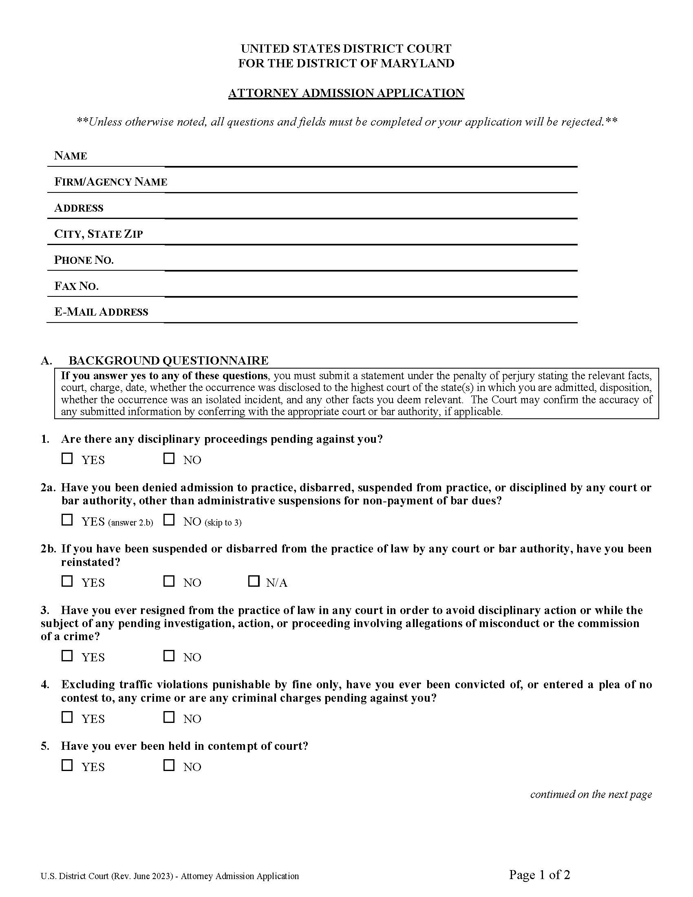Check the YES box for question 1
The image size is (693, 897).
pyautogui.click(x=67, y=458)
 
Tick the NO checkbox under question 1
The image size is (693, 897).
pyautogui.click(x=169, y=458)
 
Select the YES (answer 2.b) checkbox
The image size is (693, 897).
pyautogui.click(x=67, y=520)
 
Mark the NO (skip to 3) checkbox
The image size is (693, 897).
pyautogui.click(x=169, y=520)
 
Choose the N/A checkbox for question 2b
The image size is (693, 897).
pyautogui.click(x=254, y=581)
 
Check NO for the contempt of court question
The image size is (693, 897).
pyautogui.click(x=169, y=765)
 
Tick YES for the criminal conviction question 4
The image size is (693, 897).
pyautogui.click(x=67, y=717)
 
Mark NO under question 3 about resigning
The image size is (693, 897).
pyautogui.click(x=169, y=656)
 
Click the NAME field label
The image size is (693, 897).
pyautogui.click(x=71, y=156)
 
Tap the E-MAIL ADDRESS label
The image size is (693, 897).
pyautogui.click(x=101, y=312)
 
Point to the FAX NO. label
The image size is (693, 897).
pyautogui.click(x=76, y=286)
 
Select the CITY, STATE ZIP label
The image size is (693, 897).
pyautogui.click(x=99, y=234)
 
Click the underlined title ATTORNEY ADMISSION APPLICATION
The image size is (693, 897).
pyautogui.click(x=346, y=93)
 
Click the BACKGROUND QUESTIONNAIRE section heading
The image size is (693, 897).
pyautogui.click(x=168, y=360)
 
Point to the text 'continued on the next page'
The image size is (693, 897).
pyautogui.click(x=591, y=794)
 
